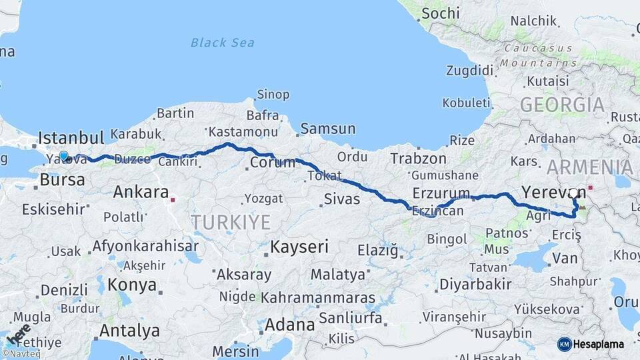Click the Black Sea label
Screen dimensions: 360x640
point(222,43)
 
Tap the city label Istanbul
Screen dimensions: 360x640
point(71,138)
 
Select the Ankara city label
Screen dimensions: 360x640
point(141,193)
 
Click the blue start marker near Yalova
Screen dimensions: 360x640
point(64,156)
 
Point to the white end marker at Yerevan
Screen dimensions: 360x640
point(573,193)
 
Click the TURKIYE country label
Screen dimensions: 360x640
point(231,222)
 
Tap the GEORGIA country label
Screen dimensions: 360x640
point(562,105)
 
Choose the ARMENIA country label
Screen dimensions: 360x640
point(589,167)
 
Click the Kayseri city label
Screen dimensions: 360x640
point(299,247)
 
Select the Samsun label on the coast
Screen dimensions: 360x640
point(327,129)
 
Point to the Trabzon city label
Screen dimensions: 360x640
point(418,159)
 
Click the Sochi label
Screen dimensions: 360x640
point(441,13)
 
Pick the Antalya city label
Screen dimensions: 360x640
point(129,331)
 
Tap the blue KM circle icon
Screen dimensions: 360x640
point(565,344)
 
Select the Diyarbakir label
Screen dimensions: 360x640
point(475,285)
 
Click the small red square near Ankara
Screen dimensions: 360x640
point(173,199)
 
